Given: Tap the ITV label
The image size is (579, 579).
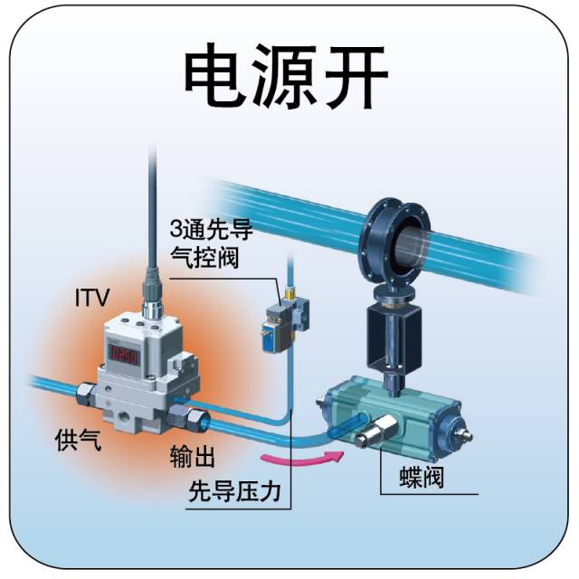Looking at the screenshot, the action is [92, 297].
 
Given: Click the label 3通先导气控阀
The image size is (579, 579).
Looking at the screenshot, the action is [211, 242].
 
